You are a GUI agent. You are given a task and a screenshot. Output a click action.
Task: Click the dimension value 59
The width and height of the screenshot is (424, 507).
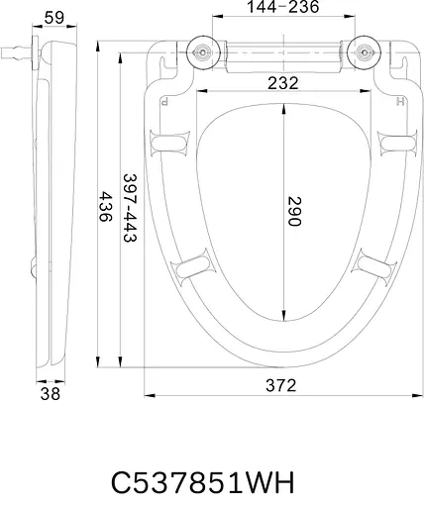(x=54, y=18)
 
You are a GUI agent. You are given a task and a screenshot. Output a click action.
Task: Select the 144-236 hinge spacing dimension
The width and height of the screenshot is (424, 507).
(x=283, y=7)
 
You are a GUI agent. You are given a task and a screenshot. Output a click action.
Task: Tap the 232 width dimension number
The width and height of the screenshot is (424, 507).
(x=283, y=83)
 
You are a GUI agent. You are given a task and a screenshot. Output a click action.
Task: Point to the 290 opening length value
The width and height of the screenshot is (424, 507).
(x=294, y=211)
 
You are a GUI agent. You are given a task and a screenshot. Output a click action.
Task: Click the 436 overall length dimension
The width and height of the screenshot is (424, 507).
(x=106, y=207)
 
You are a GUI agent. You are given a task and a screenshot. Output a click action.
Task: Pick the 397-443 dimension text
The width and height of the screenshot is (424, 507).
(x=130, y=208)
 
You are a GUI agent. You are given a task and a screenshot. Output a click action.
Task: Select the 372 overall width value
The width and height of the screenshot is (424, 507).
(x=281, y=385)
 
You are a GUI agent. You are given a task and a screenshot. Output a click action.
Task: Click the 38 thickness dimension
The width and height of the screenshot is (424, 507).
(x=51, y=394)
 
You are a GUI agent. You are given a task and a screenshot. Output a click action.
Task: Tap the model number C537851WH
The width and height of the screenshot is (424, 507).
(x=202, y=482)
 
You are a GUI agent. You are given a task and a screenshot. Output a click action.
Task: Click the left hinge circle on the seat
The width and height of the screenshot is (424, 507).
(x=203, y=52)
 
